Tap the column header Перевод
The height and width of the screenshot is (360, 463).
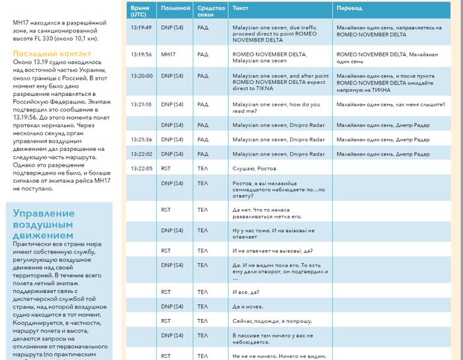click(x=349, y=10)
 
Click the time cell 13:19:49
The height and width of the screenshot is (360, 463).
click(x=141, y=28)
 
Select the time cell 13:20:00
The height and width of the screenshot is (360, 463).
click(x=141, y=76)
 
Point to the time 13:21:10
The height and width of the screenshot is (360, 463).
click(x=141, y=104)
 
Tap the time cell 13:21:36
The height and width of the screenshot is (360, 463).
click(x=141, y=140)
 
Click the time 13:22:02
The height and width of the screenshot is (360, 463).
click(x=141, y=154)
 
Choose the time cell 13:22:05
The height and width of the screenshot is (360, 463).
click(x=141, y=168)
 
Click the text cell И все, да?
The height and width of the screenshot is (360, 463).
click(x=245, y=292)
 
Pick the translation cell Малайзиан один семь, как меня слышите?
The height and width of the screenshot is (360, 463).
click(x=385, y=104)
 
